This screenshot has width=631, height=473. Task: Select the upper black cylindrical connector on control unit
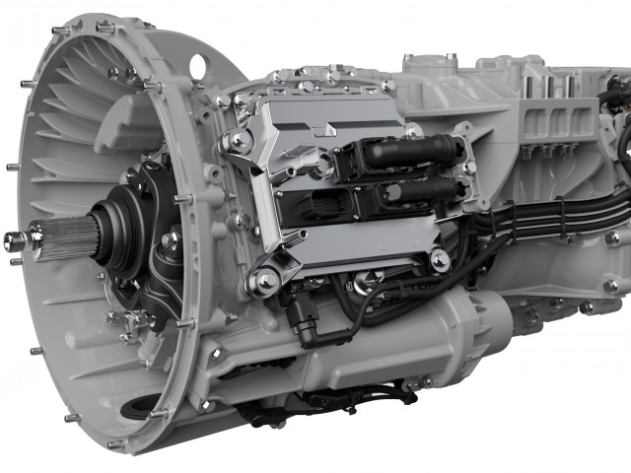point(414,153)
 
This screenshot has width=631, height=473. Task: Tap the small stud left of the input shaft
point(13,238)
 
